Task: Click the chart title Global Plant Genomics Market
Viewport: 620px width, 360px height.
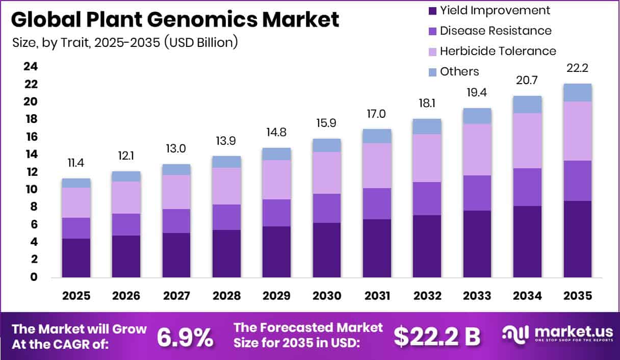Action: [x=175, y=20]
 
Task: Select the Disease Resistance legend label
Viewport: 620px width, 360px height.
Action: [x=495, y=31]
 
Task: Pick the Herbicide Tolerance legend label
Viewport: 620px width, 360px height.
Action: [x=498, y=51]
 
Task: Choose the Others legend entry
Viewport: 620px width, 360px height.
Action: [x=459, y=71]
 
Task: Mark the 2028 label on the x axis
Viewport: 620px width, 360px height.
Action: [x=226, y=296]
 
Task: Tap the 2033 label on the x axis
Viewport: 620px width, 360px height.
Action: [x=477, y=296]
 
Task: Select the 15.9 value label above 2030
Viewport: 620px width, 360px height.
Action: [x=327, y=124]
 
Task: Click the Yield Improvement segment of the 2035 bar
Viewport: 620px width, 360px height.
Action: [x=578, y=239]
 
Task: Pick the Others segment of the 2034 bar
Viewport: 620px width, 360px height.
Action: [x=527, y=104]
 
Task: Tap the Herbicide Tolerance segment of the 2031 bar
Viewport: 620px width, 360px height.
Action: [x=377, y=166]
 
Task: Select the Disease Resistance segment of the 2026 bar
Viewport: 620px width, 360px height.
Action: [x=126, y=224]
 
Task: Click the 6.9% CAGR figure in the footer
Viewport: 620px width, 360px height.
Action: [x=185, y=337]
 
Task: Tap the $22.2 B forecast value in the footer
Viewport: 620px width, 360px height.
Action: [x=437, y=337]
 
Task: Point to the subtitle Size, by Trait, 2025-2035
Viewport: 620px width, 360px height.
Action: [x=125, y=42]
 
